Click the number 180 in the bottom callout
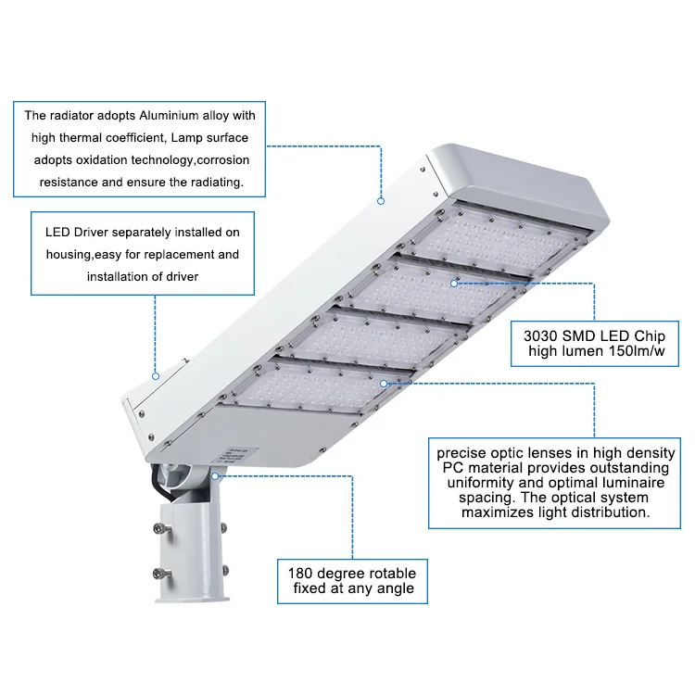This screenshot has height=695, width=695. pyautogui.click(x=302, y=573)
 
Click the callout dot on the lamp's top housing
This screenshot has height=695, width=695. pyautogui.click(x=380, y=199)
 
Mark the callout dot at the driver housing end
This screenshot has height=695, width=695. pyautogui.click(x=156, y=376)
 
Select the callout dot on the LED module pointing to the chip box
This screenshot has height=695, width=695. pyautogui.click(x=454, y=283)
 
